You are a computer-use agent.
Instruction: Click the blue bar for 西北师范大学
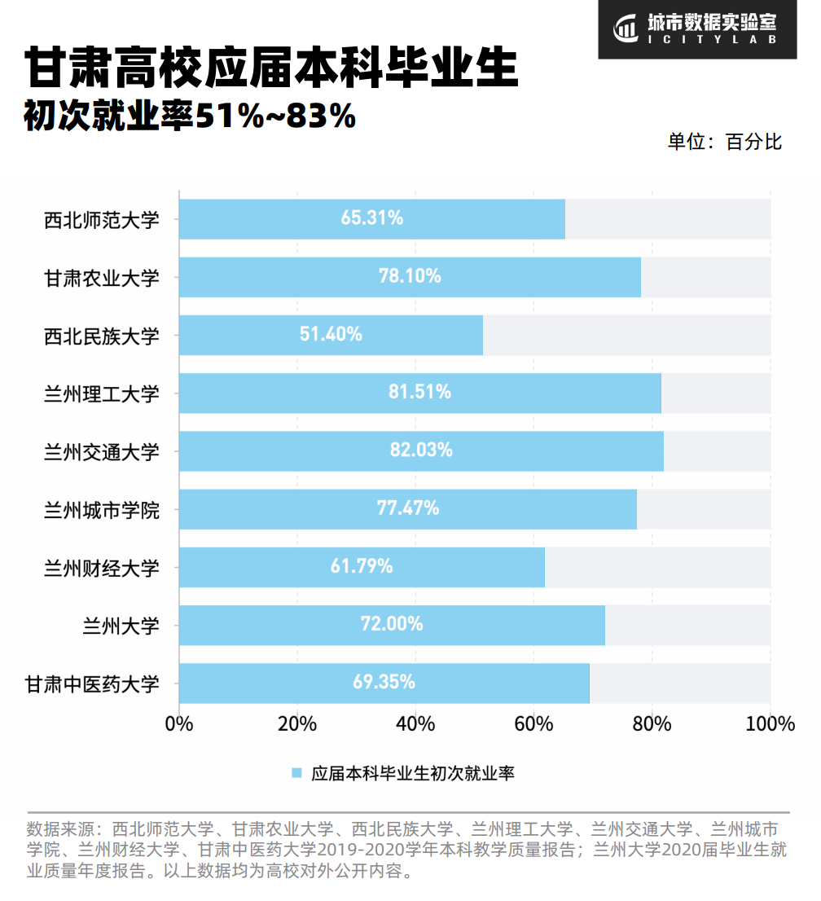(371, 218)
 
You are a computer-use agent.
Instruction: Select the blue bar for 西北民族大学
(331, 335)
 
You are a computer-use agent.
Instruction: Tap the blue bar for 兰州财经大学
(362, 567)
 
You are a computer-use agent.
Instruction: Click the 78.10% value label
(410, 276)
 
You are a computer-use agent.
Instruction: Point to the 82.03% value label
(421, 450)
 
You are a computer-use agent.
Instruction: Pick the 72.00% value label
(392, 625)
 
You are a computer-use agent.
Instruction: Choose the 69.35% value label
(384, 683)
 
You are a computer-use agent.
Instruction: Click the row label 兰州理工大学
(102, 393)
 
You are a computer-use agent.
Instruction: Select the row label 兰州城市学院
(102, 510)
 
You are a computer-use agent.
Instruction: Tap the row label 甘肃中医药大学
(92, 683)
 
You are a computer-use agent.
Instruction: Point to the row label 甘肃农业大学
(102, 278)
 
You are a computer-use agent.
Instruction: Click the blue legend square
(296, 773)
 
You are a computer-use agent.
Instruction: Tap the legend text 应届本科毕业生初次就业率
(412, 773)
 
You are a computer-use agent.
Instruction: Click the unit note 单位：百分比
(724, 142)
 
